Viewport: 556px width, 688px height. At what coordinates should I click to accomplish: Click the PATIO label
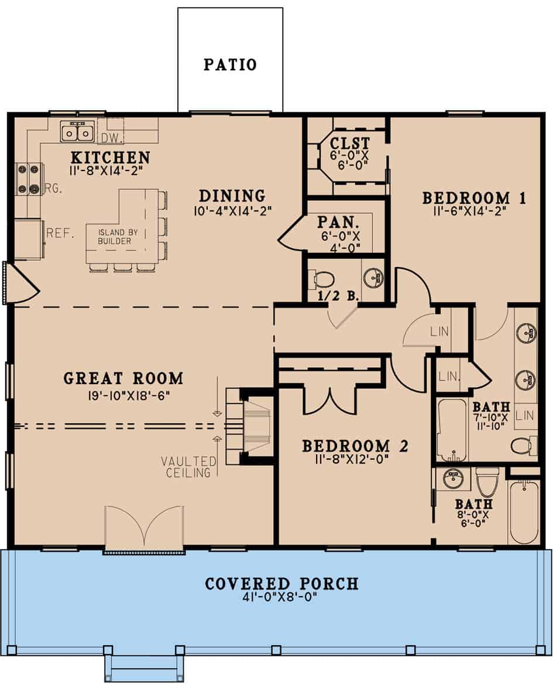[230, 64]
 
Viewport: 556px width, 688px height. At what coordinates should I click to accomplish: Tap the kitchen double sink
[77, 132]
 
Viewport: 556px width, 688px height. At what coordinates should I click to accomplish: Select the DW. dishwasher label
[109, 138]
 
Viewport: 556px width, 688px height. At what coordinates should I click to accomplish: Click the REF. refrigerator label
[61, 233]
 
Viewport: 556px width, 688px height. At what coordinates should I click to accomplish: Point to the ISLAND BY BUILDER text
[114, 237]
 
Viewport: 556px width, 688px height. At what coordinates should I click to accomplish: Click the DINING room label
[232, 196]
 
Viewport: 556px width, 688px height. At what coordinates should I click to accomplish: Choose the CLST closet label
[349, 143]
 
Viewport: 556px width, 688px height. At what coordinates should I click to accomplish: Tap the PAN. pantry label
[338, 222]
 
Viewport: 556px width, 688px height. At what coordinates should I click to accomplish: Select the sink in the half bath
[373, 278]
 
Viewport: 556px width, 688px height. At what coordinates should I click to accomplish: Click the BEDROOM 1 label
[474, 198]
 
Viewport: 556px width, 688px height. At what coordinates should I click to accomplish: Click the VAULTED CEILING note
[188, 467]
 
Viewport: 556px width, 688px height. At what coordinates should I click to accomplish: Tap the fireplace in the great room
[254, 426]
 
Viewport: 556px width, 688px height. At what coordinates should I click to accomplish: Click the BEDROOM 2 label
[355, 446]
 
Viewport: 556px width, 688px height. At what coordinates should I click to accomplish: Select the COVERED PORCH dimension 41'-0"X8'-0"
[282, 599]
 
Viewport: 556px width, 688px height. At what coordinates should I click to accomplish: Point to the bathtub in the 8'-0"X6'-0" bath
[523, 512]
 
